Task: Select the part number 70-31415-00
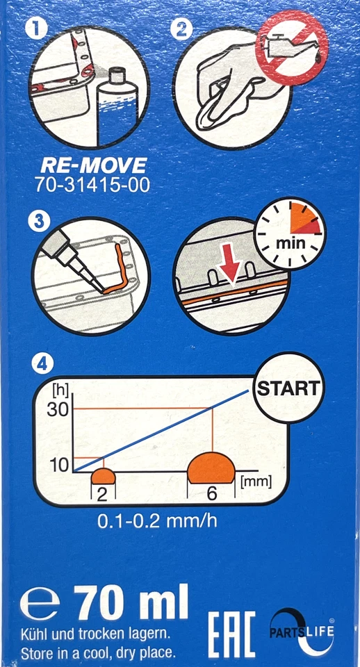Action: coord(92,186)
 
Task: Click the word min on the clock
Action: coord(291,244)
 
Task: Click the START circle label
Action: coord(289,388)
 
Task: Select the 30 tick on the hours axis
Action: coord(58,410)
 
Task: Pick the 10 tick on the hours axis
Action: coord(58,466)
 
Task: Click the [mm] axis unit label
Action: coord(256,482)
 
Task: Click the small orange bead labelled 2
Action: coord(104,476)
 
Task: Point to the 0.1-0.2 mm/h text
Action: coord(157,521)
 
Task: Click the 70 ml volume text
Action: coord(133,604)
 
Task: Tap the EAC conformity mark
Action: coord(231,634)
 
